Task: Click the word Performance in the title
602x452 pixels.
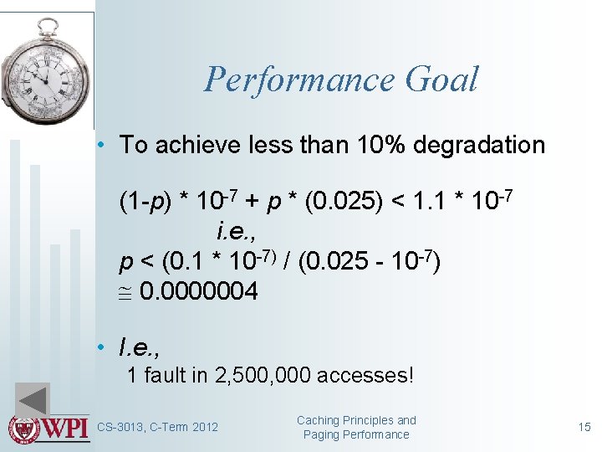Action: click(x=298, y=80)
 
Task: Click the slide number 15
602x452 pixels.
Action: click(x=584, y=428)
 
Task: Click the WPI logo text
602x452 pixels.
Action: click(x=66, y=428)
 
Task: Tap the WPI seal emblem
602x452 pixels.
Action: click(x=23, y=428)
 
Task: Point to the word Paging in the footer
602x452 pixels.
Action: click(x=321, y=434)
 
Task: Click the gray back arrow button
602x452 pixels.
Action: click(x=33, y=400)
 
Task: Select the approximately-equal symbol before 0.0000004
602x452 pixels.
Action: click(x=126, y=292)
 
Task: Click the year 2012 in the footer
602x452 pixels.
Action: click(x=204, y=428)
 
